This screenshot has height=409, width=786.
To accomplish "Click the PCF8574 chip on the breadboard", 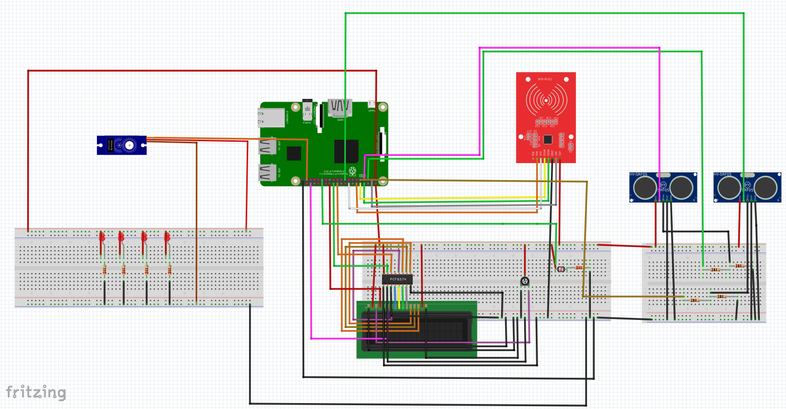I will (397, 279).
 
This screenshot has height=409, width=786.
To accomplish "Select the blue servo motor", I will (122, 145).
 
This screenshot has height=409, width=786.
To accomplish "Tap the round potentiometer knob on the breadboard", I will (525, 281).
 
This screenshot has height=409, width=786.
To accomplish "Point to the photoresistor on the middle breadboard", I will (561, 269).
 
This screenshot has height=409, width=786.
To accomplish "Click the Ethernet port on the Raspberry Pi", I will (271, 117).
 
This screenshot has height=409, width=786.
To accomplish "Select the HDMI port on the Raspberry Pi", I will (339, 108).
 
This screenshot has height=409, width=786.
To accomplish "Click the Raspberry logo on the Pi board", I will (352, 171).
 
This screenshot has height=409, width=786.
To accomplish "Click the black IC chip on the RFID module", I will (548, 140).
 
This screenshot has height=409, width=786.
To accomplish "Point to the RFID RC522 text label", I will (545, 79).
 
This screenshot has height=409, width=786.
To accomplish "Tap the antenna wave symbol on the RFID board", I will (546, 100).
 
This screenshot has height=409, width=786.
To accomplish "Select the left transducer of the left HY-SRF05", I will (644, 187).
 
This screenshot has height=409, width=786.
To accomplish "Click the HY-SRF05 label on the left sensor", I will (638, 174).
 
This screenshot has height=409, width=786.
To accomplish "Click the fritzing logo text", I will (36, 392).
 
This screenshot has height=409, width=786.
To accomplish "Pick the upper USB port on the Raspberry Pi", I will (267, 146).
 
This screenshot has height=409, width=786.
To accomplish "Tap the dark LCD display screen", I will (419, 331).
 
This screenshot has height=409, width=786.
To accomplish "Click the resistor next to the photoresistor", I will (579, 267).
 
